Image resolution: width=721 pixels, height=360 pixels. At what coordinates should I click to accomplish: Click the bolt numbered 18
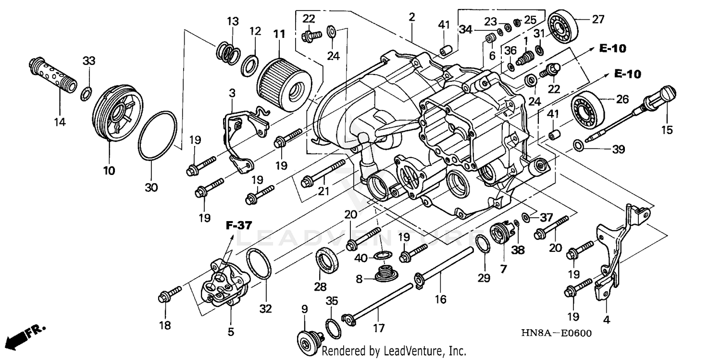[x=169, y=295]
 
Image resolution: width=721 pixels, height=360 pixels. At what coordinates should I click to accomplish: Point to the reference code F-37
[x=239, y=225]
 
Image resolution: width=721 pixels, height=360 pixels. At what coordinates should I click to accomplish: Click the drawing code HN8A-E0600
[x=561, y=334]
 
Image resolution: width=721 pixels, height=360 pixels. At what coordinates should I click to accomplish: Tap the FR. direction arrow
[x=25, y=335]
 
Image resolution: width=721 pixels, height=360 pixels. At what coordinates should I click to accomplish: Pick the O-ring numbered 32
[x=260, y=265]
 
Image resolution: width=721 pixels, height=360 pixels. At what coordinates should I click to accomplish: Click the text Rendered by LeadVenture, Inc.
[x=393, y=351]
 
